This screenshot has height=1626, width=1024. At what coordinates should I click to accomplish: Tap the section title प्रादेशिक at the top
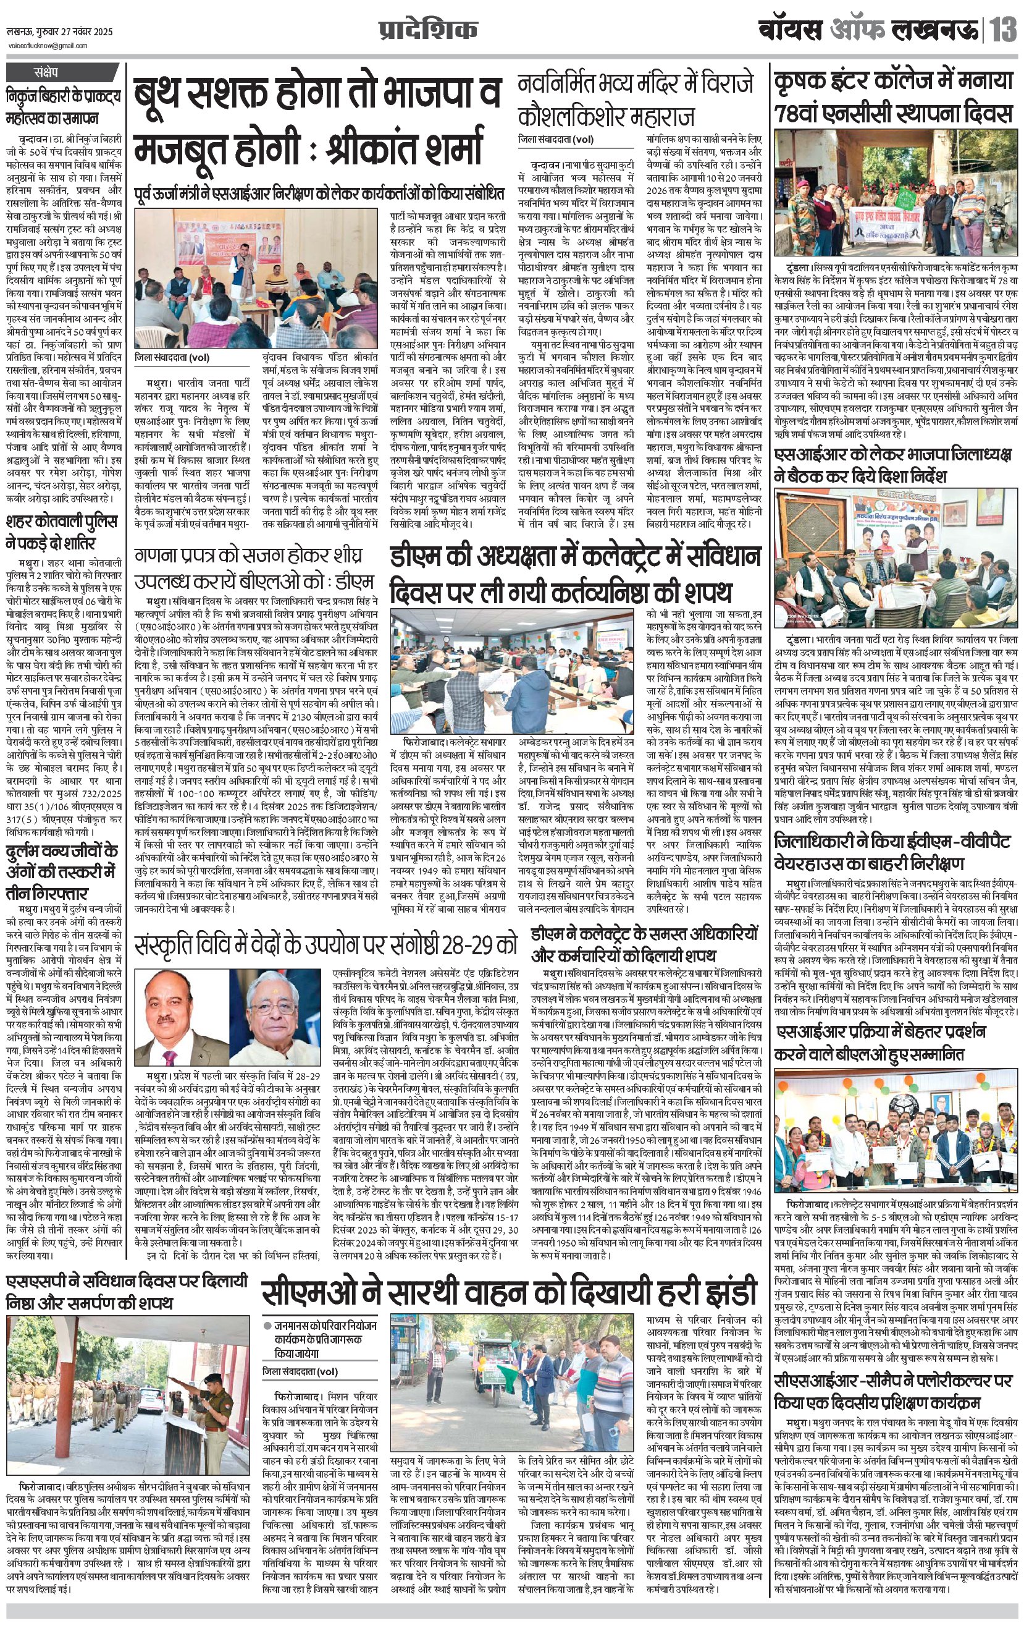427,30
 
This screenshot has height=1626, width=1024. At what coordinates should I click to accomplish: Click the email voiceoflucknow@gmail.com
48,46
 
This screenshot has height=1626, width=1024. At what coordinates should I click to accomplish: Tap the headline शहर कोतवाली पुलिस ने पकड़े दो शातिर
61,532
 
